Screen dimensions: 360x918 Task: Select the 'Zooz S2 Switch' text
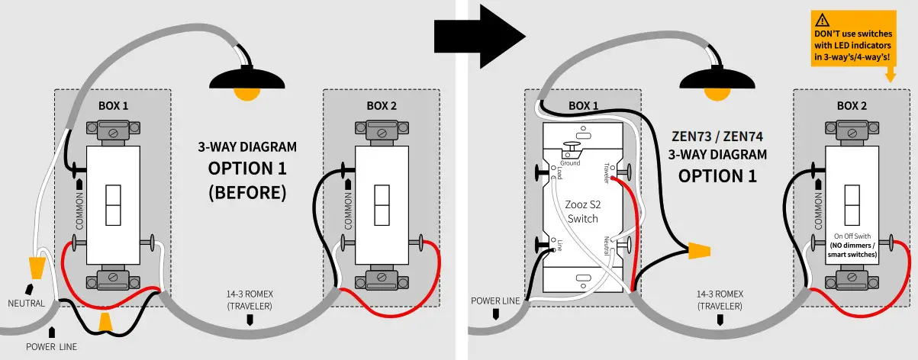[583, 212]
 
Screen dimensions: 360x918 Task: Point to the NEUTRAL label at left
[27, 303]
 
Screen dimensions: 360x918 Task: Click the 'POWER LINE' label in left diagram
[51, 346]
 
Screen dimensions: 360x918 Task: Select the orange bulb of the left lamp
[246, 95]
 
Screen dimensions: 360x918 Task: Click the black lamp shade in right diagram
[717, 79]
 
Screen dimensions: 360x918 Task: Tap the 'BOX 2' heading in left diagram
[381, 105]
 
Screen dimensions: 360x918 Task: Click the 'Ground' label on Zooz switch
[570, 163]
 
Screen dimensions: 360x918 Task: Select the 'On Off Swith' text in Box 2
[852, 236]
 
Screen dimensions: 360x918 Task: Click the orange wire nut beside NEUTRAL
[36, 268]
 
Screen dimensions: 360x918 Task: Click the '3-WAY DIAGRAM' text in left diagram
[246, 146]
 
